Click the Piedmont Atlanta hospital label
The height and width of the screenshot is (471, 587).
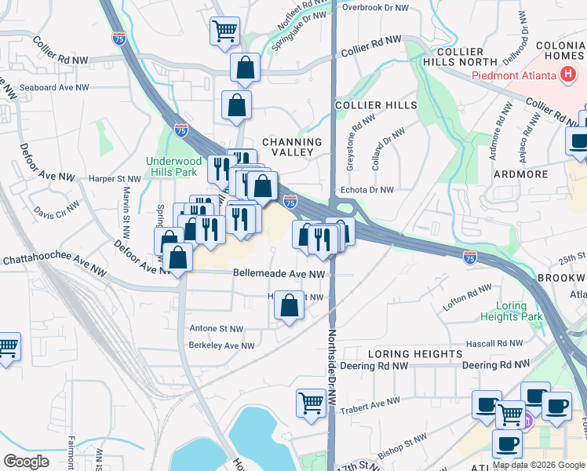click(515, 76)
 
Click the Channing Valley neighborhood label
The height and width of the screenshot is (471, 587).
click(293, 146)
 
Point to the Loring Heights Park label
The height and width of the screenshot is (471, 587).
click(520, 312)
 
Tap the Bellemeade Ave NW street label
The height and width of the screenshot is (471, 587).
click(279, 274)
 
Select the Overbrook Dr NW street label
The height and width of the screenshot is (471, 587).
click(376, 7)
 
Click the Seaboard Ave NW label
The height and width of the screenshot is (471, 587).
click(54, 87)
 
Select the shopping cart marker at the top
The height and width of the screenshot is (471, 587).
click(224, 31)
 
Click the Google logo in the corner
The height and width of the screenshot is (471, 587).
click(26, 461)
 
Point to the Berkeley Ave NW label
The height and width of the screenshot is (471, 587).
click(221, 345)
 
